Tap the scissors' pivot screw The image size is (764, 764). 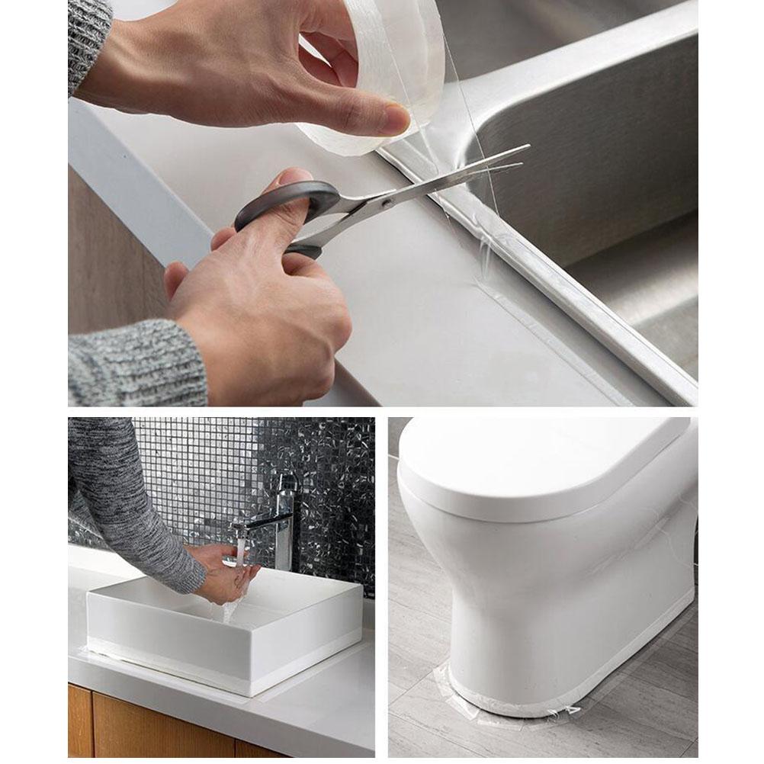coord(387,204)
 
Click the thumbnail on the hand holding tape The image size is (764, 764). coord(396,118)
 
